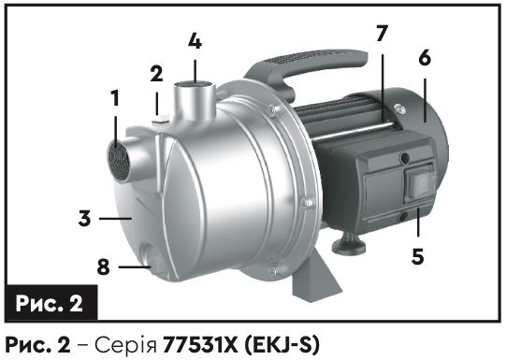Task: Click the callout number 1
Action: (x=115, y=98)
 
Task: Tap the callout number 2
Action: (x=156, y=74)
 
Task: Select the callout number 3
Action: (x=84, y=219)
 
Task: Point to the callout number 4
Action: (x=195, y=41)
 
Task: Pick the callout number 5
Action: (x=417, y=256)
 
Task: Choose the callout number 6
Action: (x=425, y=59)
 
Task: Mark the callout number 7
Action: (x=382, y=34)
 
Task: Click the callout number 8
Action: (x=103, y=267)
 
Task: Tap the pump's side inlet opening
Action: (x=118, y=161)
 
